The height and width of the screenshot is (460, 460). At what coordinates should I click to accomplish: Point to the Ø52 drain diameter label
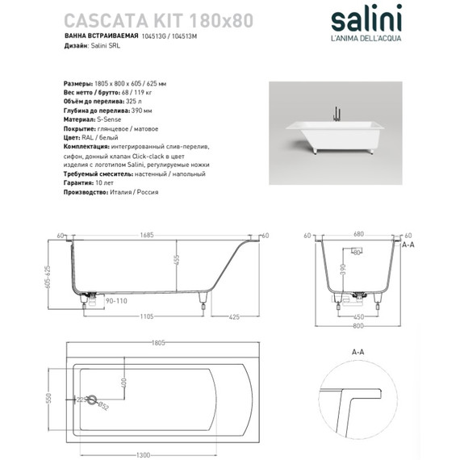click(104, 407)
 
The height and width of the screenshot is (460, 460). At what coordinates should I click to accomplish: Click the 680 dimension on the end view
click(356, 236)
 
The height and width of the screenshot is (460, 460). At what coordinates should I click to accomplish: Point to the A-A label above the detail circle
click(356, 353)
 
